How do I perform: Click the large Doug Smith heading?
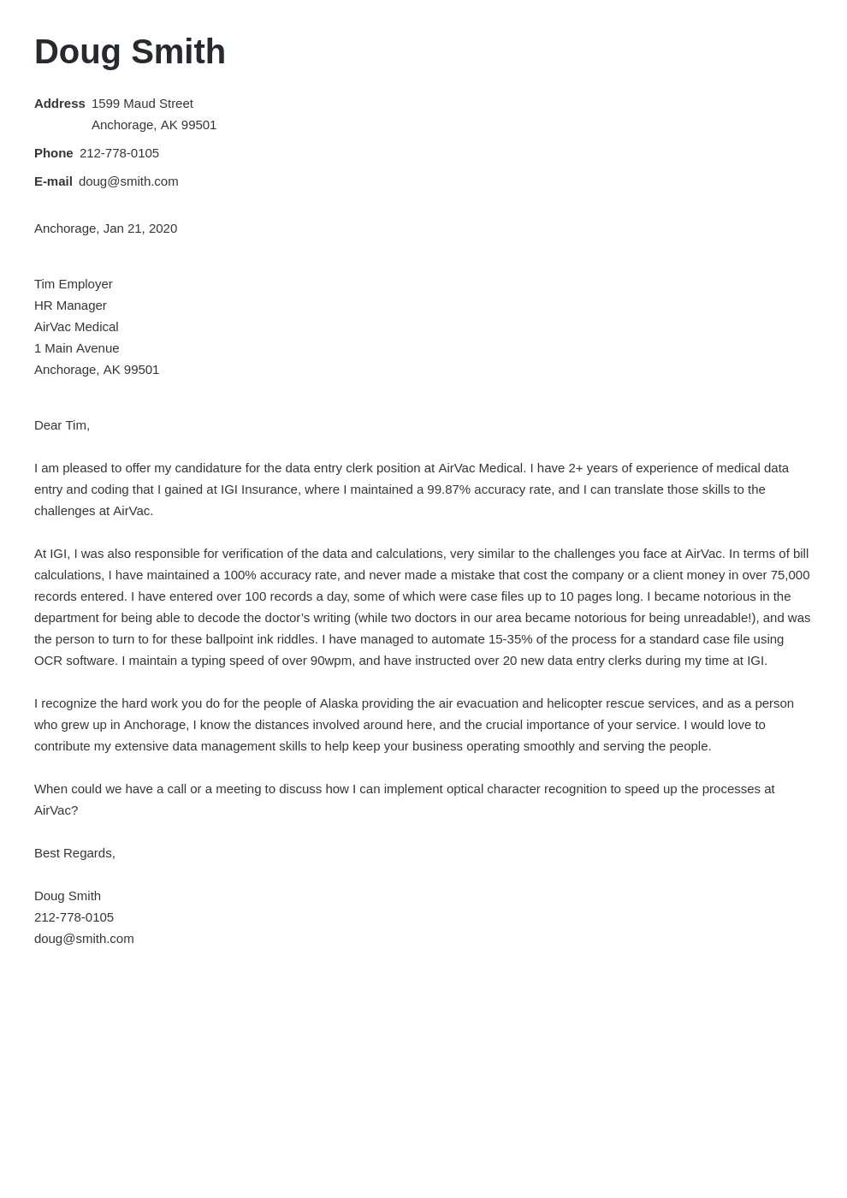130,52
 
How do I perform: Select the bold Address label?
60,104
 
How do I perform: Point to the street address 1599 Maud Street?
142,104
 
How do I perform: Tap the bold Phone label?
54,153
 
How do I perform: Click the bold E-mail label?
53,181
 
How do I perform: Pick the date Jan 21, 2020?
140,228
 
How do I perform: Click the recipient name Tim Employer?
74,284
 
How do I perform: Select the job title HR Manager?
70,305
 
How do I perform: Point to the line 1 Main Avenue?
77,348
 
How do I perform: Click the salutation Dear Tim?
62,425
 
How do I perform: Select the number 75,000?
790,575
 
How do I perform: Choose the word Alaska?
340,703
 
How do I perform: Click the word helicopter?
577,703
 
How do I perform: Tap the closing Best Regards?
74,853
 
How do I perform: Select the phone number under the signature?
74,917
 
